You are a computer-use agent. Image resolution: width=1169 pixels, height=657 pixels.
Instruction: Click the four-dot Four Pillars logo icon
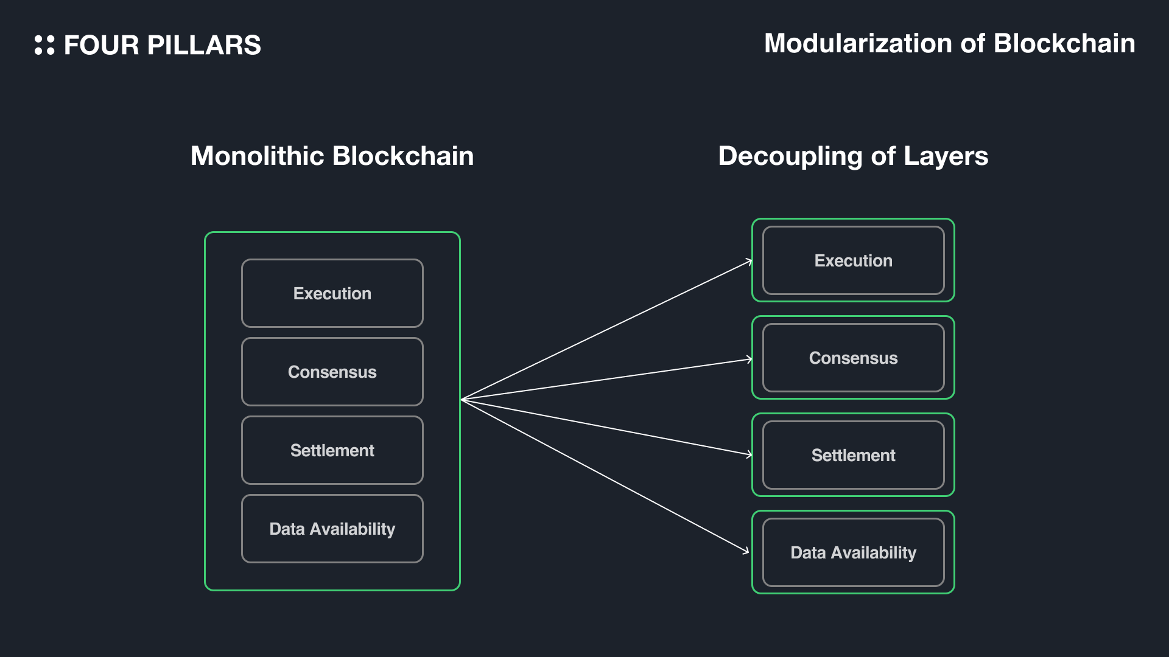pos(44,45)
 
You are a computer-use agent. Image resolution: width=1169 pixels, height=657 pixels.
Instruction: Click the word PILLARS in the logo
pos(204,46)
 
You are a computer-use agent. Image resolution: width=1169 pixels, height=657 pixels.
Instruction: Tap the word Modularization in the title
pos(858,44)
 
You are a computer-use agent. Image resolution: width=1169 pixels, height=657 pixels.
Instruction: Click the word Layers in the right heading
pos(946,156)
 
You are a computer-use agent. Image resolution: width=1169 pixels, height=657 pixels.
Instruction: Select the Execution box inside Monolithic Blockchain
pos(332,293)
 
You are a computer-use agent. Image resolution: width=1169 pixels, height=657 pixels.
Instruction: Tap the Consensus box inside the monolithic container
pos(332,372)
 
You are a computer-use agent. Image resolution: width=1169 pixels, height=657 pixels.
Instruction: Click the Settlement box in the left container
pos(332,450)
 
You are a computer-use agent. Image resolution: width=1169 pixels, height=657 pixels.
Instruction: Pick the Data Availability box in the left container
pos(332,529)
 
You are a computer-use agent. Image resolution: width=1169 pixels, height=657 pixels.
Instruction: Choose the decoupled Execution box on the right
pos(853,260)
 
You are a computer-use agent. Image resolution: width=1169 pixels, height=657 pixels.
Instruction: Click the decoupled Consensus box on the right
pos(853,358)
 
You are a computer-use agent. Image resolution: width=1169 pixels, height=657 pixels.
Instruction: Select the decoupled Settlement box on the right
pos(853,455)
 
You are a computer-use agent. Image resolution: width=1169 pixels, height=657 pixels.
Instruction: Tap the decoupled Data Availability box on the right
pos(853,552)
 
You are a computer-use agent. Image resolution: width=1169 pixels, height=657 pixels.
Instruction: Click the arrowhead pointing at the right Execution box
pos(749,262)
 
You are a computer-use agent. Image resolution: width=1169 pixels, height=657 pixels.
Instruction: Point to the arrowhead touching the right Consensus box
pos(749,360)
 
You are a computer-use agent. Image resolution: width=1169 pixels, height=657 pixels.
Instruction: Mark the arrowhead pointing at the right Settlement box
pos(749,454)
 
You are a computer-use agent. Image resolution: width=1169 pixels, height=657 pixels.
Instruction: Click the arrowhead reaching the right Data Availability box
pos(746,551)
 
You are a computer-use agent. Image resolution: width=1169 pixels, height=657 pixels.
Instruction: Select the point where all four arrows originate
pos(463,400)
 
